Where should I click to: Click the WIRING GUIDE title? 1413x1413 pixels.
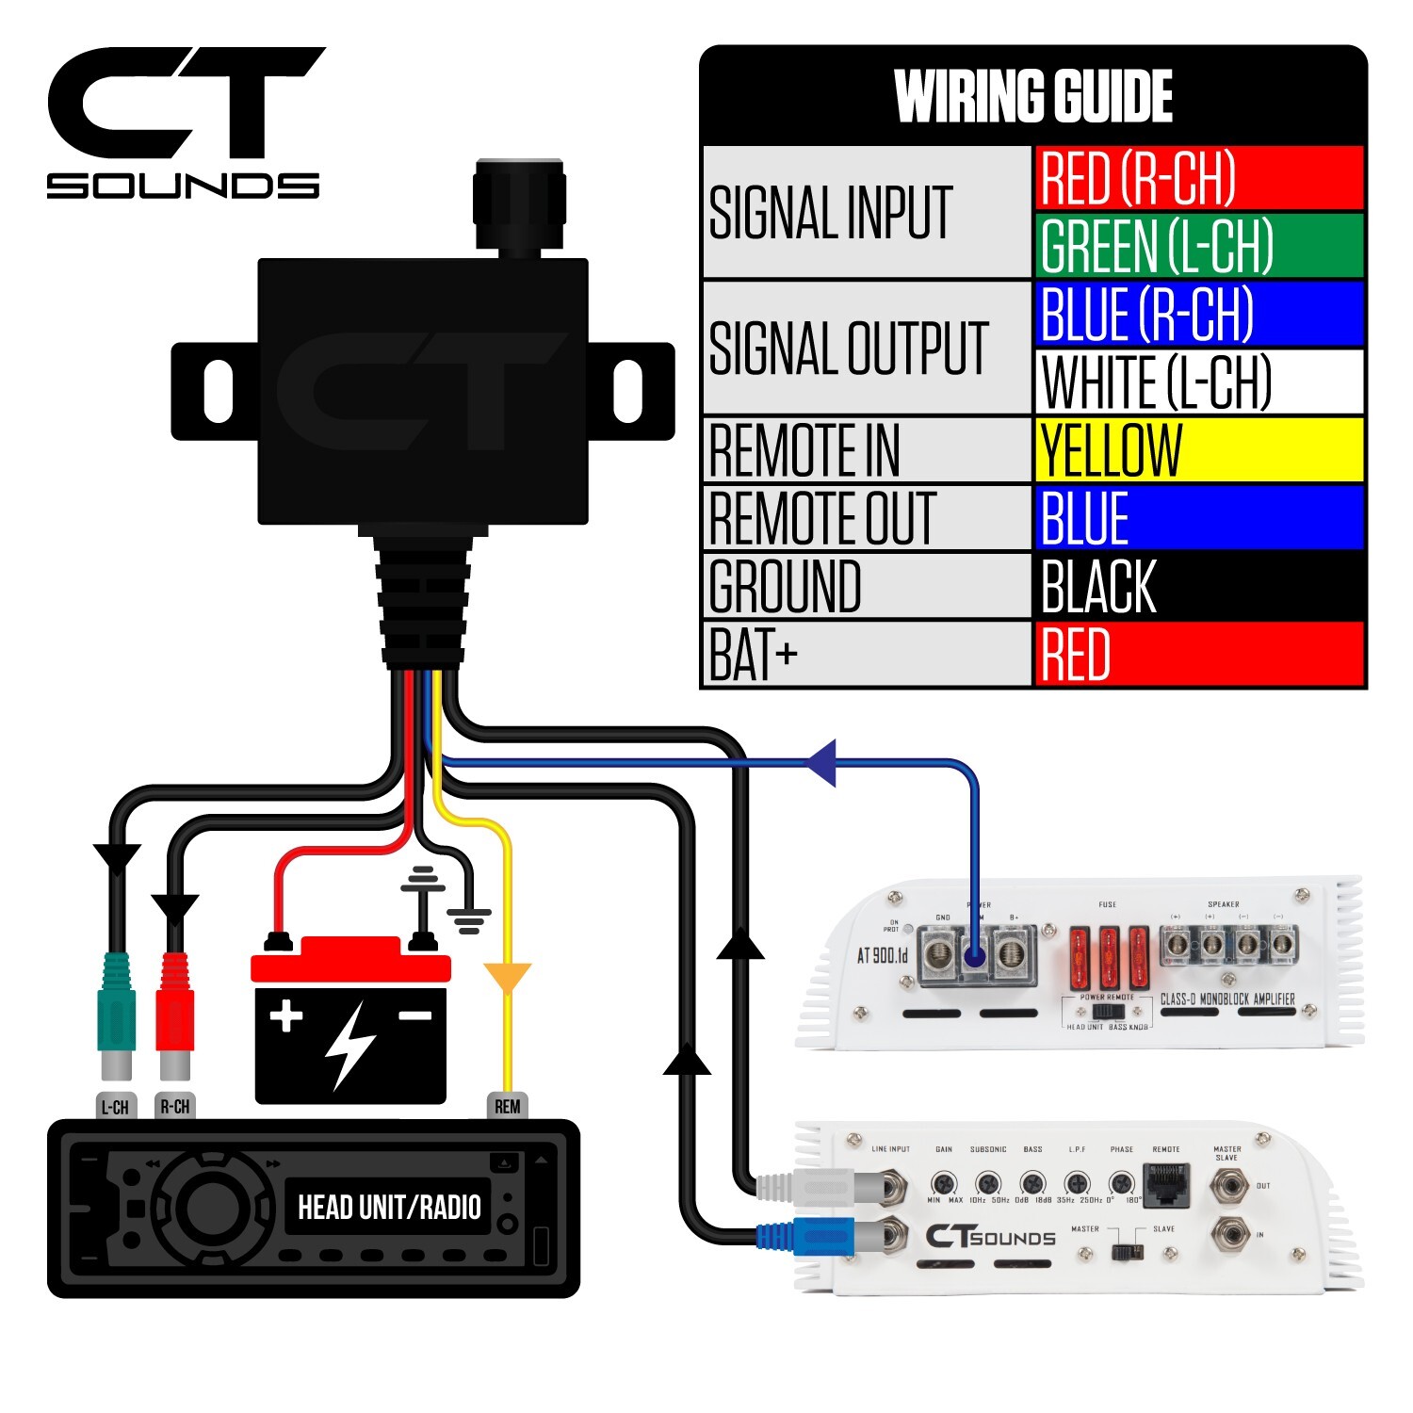tap(1033, 96)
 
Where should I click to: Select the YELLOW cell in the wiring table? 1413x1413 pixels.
tap(1198, 450)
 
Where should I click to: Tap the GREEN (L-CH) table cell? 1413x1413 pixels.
tap(1198, 246)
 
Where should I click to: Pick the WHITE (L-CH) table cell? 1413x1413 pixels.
tap(1198, 382)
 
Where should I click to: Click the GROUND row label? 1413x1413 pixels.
tap(867, 586)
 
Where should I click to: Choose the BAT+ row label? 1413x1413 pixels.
tap(867, 655)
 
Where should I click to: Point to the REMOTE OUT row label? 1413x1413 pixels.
tap(867, 518)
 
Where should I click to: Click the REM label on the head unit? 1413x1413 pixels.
tap(507, 1106)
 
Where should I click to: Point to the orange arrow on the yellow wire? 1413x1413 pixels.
tap(507, 977)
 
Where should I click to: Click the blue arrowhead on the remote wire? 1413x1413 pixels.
tap(821, 762)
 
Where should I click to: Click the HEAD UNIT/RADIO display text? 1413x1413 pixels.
tap(389, 1208)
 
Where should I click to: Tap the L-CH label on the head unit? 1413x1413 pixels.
tap(115, 1107)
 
